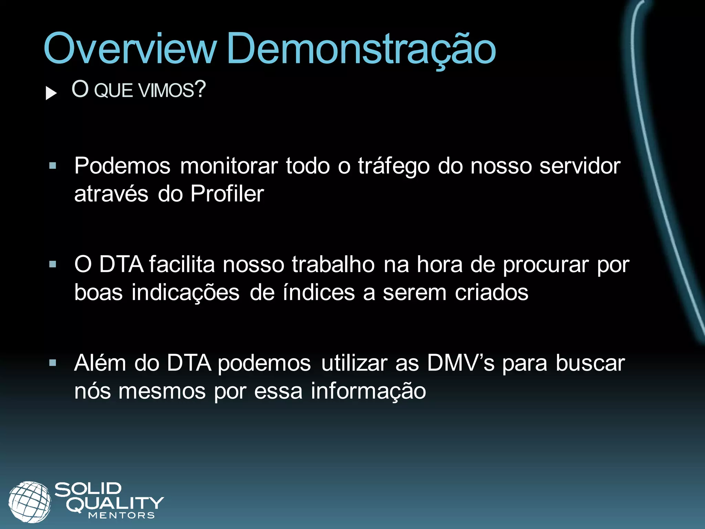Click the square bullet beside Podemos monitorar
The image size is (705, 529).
pyautogui.click(x=53, y=166)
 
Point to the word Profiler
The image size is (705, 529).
pyautogui.click(x=227, y=194)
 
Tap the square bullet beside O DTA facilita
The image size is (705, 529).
pyautogui.click(x=53, y=264)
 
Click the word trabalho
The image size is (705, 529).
pyautogui.click(x=333, y=264)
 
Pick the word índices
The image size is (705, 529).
pyautogui.click(x=319, y=293)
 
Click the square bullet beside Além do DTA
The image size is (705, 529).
pyautogui.click(x=53, y=363)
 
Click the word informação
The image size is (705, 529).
pyautogui.click(x=368, y=391)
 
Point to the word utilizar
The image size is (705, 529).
pyautogui.click(x=354, y=363)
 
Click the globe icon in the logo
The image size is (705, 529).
pyautogui.click(x=30, y=501)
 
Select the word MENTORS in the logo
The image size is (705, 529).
pyautogui.click(x=121, y=516)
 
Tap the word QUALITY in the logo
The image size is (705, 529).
pyautogui.click(x=115, y=504)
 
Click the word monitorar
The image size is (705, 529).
pyautogui.click(x=229, y=166)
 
